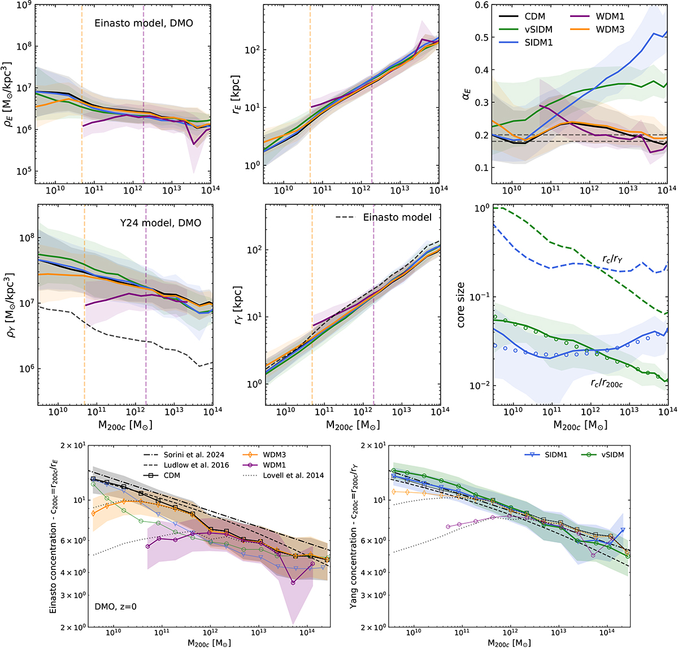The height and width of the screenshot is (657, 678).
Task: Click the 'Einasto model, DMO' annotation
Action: (x=144, y=23)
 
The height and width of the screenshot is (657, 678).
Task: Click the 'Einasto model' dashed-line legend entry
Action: (x=397, y=217)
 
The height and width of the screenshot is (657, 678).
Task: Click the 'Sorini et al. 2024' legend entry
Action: (x=194, y=455)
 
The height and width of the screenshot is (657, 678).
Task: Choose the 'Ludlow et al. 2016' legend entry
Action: (x=196, y=465)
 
